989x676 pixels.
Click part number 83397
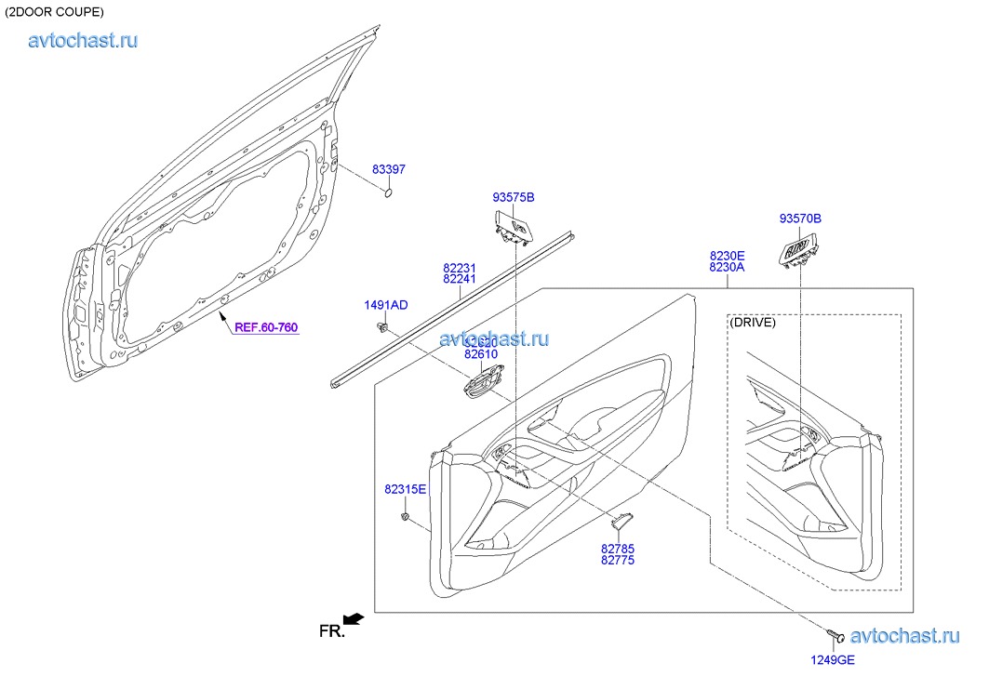(389, 169)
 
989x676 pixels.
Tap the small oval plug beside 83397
(390, 193)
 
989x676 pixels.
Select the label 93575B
(514, 197)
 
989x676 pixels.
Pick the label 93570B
(800, 219)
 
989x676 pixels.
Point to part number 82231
(460, 267)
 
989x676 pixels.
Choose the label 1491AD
(385, 305)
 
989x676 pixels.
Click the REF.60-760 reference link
(266, 327)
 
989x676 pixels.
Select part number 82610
(481, 354)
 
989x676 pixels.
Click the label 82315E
(405, 489)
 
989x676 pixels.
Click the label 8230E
(727, 254)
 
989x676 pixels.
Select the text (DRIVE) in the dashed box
(753, 323)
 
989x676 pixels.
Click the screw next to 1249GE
(835, 636)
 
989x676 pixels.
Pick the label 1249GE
(832, 660)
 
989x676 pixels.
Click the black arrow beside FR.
(353, 618)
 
